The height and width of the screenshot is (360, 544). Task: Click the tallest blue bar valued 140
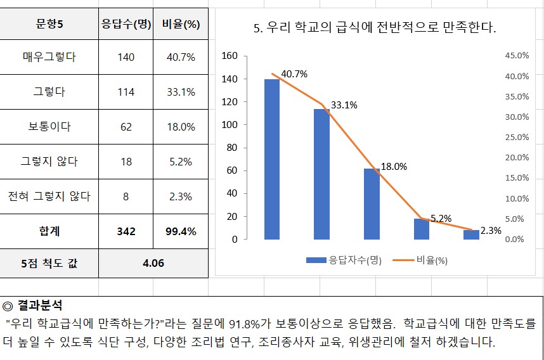point(272,159)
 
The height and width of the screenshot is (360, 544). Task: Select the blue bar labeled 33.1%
point(321,174)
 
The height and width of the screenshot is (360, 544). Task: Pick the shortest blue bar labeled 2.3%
point(471,235)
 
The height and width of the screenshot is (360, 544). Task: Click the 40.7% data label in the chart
point(294,74)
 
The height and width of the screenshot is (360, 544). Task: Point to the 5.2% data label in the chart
point(441,219)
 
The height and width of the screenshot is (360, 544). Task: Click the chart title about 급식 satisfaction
point(375,28)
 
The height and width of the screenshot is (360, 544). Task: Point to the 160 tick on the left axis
point(230,56)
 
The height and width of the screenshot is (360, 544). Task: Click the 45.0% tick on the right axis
point(516,56)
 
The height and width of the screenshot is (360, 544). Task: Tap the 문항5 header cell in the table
point(49,25)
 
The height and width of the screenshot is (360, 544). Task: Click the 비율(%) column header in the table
point(181,25)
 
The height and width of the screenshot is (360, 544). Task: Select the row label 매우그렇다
point(49,57)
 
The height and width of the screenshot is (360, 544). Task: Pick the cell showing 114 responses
point(126,92)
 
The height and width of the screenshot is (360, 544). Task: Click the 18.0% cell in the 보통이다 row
point(181,127)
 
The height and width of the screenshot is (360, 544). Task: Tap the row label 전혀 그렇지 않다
point(49,196)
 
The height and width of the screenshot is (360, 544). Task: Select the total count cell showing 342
point(126,231)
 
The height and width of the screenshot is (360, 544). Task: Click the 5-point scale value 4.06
point(153,263)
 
